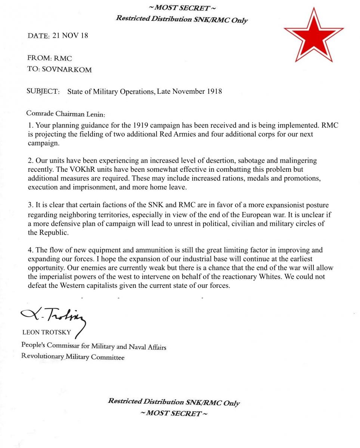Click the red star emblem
[314, 35]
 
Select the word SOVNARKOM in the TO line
[67, 70]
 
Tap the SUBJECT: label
[43, 91]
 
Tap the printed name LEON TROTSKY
[47, 332]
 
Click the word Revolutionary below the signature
[43, 356]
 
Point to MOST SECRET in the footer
[174, 413]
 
